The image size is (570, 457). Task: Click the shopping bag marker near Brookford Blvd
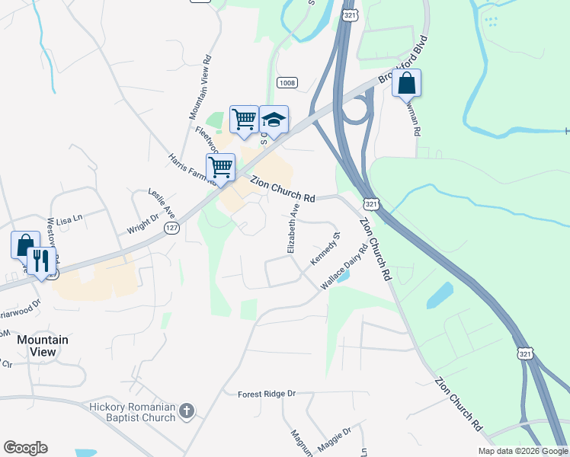[406, 83]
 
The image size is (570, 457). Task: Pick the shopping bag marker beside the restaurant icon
[24, 245]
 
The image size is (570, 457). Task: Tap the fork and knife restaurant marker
[41, 260]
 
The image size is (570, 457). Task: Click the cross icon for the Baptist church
[187, 412]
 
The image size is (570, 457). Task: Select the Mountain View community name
[43, 346]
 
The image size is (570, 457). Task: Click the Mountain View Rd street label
[199, 89]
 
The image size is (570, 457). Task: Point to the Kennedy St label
[325, 249]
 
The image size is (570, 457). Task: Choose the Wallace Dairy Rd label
[344, 267]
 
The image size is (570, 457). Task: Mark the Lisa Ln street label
[69, 219]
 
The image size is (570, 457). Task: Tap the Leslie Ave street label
[162, 203]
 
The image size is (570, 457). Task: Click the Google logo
[25, 448]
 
